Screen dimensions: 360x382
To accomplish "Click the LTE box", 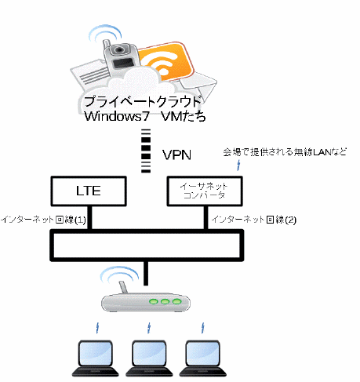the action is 89,191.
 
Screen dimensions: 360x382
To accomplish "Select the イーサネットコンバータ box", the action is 205,191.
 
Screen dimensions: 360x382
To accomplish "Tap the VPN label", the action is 176,155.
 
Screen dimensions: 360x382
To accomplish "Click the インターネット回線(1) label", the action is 43,220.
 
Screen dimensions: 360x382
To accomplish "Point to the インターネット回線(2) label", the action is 253,220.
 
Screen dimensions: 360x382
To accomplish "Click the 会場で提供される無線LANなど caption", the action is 285,152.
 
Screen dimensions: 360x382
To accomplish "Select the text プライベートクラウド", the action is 143,101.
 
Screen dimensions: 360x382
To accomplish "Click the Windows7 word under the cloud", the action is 117,116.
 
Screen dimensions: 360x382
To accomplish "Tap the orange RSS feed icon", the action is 165,62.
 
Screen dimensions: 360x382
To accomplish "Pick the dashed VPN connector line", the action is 146,151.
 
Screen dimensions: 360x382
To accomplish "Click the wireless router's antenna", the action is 123,288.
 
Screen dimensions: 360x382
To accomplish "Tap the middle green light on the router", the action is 165,302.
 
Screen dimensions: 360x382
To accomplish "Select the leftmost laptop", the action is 96,358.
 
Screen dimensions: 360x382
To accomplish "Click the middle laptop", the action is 149,358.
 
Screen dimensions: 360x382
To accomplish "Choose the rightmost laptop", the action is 202,358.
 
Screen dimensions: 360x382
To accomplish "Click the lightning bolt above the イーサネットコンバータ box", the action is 238,166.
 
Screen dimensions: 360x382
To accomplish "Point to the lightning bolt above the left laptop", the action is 97,328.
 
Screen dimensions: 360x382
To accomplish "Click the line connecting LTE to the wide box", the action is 89,217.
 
